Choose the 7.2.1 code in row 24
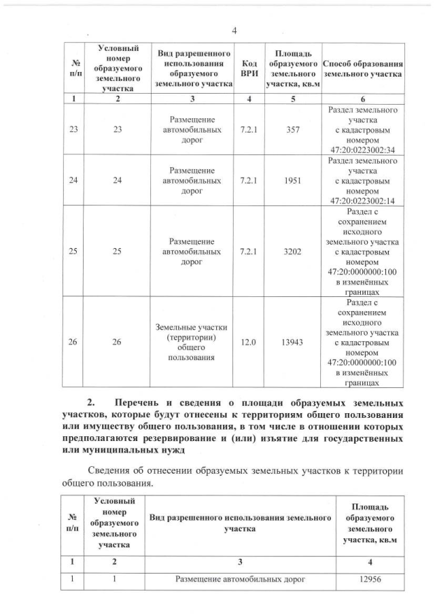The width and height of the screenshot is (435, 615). (249, 181)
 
